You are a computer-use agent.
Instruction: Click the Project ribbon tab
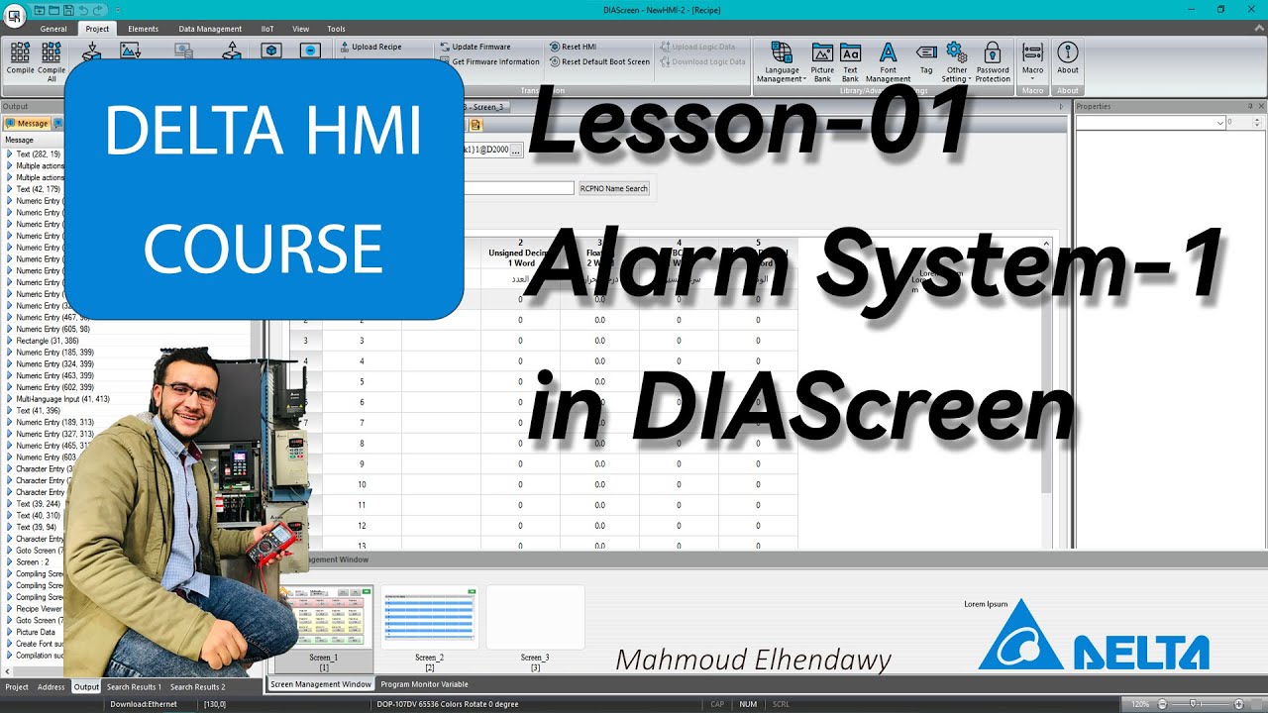(x=97, y=29)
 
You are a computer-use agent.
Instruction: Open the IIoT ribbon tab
(x=267, y=29)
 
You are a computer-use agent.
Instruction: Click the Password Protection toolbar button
(x=992, y=61)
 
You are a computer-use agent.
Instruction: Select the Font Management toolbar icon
(x=888, y=61)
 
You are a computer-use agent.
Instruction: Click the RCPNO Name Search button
(x=613, y=188)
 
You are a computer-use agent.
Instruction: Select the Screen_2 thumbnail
(x=429, y=618)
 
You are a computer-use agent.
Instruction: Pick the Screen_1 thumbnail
(x=323, y=618)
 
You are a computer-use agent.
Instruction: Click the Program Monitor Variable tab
(x=424, y=684)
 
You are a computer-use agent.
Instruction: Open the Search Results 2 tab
(x=197, y=687)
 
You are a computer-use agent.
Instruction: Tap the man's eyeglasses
(x=188, y=392)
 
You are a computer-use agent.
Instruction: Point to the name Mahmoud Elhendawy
(x=753, y=660)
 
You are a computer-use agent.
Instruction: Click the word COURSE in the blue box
(x=263, y=249)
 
